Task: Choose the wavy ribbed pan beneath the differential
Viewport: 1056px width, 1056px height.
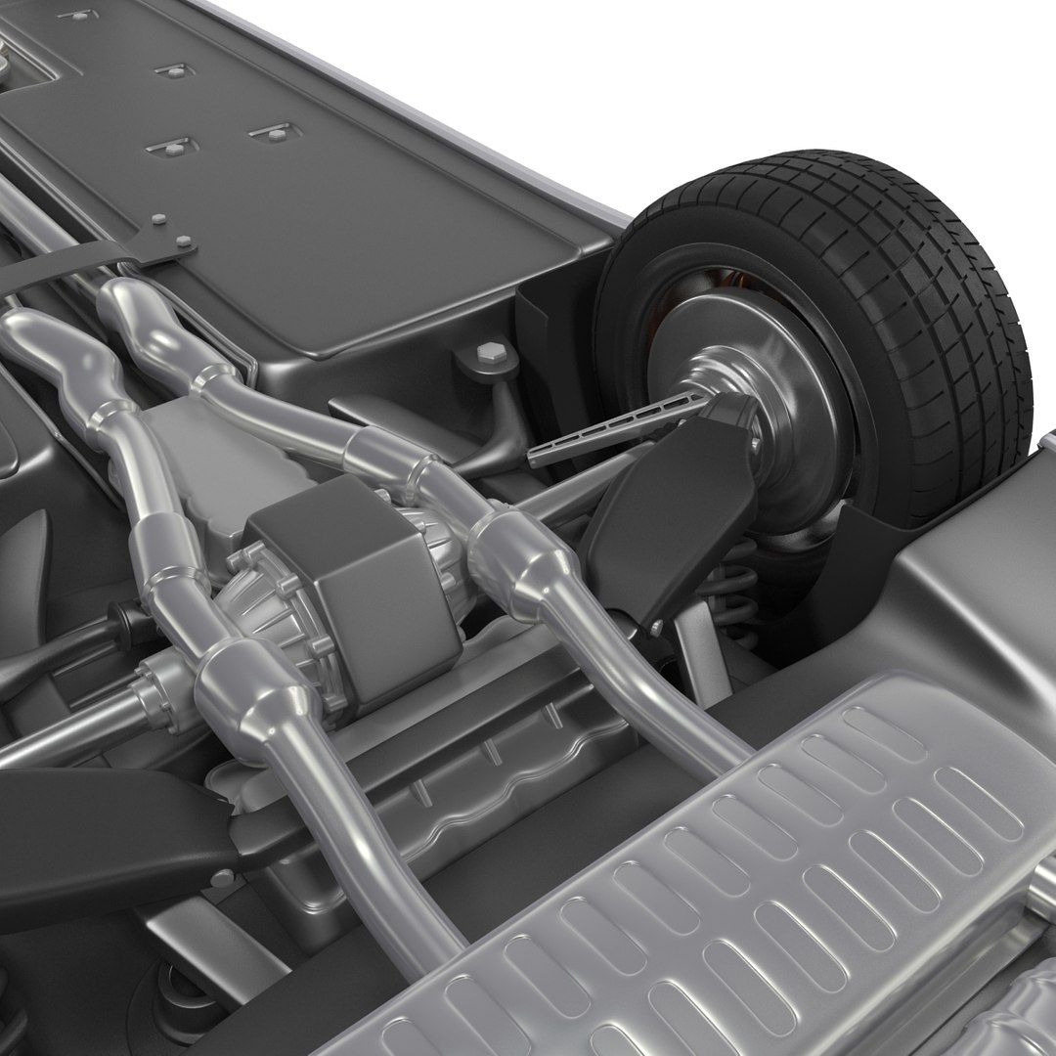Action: [x=469, y=782]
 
